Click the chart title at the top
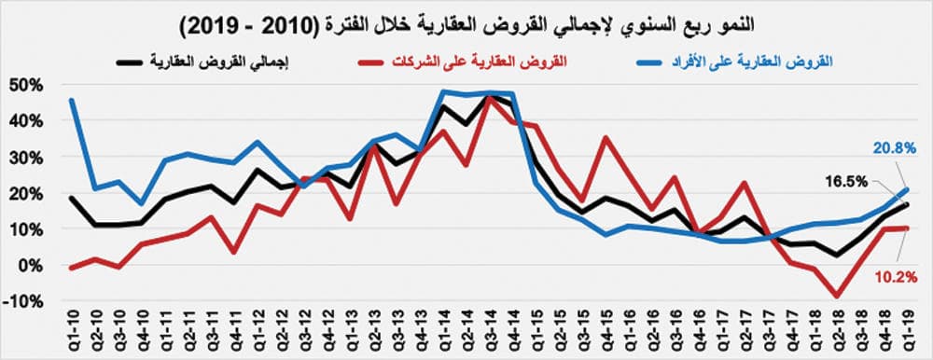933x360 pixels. pyautogui.click(x=466, y=21)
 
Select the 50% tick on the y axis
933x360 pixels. pyautogui.click(x=27, y=85)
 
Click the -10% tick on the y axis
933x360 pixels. pyautogui.click(x=25, y=300)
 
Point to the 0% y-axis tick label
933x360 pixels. pyautogui.click(x=32, y=265)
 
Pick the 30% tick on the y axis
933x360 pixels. pyautogui.click(x=27, y=157)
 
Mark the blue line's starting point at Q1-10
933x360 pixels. pyautogui.click(x=72, y=101)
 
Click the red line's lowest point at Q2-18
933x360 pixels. pyautogui.click(x=838, y=296)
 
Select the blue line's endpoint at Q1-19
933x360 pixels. pyautogui.click(x=907, y=189)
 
